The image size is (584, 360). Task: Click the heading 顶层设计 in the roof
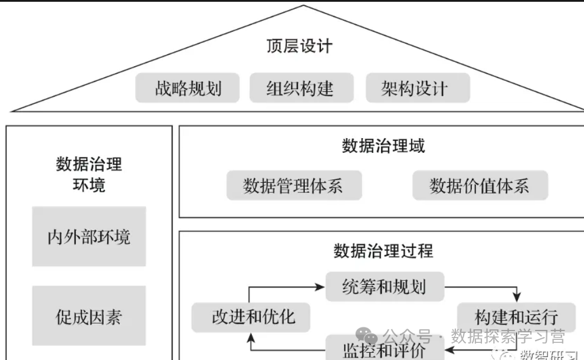[299, 47]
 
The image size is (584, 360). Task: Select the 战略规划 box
[188, 88]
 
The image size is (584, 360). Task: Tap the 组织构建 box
[301, 88]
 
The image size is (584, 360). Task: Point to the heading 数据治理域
[383, 146]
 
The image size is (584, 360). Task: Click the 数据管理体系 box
[293, 186]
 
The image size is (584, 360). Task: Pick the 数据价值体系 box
[480, 186]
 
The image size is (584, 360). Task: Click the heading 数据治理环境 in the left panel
[88, 174]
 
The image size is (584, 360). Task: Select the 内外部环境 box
[89, 237]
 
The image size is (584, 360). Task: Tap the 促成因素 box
[89, 317]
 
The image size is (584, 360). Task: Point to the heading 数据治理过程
[383, 251]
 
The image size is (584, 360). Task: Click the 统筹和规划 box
[384, 287]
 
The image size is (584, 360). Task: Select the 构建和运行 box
[507, 316]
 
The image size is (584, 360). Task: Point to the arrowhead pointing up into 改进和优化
[250, 337]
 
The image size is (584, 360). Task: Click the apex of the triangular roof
[304, 6]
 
